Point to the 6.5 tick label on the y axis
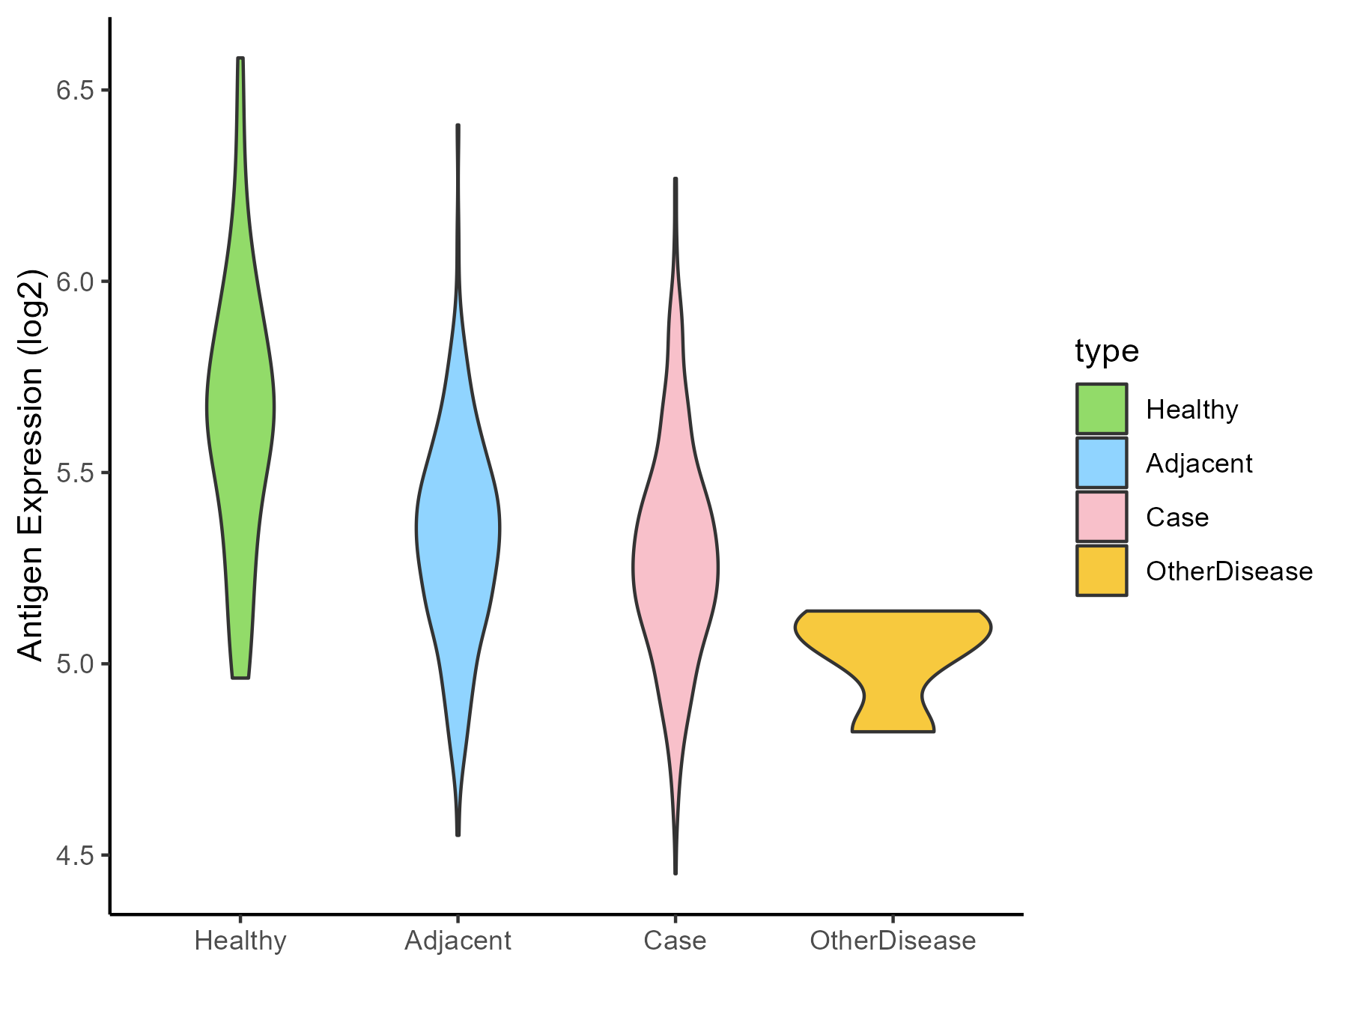click(x=73, y=91)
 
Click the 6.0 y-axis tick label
click(x=73, y=282)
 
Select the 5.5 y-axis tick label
click(x=73, y=473)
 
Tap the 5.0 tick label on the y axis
click(x=73, y=664)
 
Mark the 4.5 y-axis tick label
click(x=73, y=855)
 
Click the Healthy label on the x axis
click(x=240, y=941)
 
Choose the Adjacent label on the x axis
click(x=458, y=941)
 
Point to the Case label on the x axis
click(x=675, y=941)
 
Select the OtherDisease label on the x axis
click(x=893, y=941)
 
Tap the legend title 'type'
click(x=1106, y=351)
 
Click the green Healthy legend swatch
click(x=1102, y=409)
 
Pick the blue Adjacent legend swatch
click(x=1102, y=463)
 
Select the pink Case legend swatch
click(x=1102, y=517)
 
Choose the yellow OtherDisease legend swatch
click(x=1102, y=571)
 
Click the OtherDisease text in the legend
click(x=1229, y=571)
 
